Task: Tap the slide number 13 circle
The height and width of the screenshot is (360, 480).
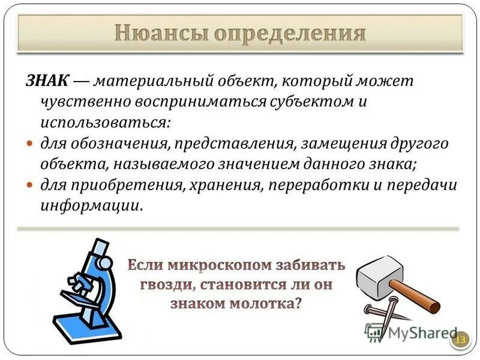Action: (461, 340)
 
